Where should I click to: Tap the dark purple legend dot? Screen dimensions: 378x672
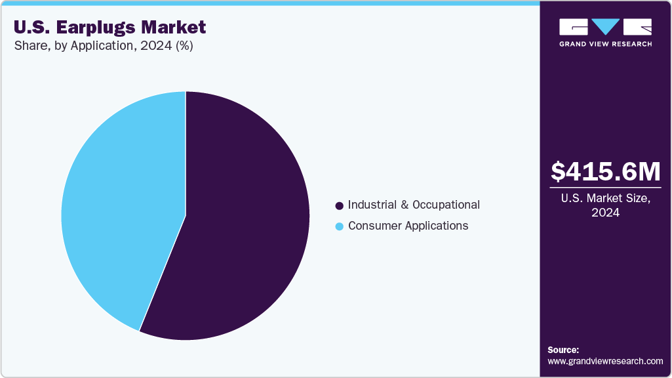(339, 205)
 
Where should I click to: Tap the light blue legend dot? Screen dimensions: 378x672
(339, 226)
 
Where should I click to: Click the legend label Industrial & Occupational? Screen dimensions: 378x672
(414, 205)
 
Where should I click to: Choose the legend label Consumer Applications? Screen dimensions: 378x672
(408, 226)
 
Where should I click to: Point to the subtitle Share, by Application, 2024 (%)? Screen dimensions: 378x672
(102, 46)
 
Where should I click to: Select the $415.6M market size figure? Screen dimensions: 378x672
(605, 171)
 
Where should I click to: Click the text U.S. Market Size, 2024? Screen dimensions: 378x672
(605, 205)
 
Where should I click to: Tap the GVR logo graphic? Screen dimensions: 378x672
(605, 27)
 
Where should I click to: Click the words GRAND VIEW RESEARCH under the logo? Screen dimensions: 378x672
(605, 44)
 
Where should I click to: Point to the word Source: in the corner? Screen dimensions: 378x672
(563, 350)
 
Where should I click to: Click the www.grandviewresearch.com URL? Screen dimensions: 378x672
(605, 361)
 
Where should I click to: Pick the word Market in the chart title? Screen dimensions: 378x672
(177, 27)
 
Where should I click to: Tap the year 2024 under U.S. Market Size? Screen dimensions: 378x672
(605, 213)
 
